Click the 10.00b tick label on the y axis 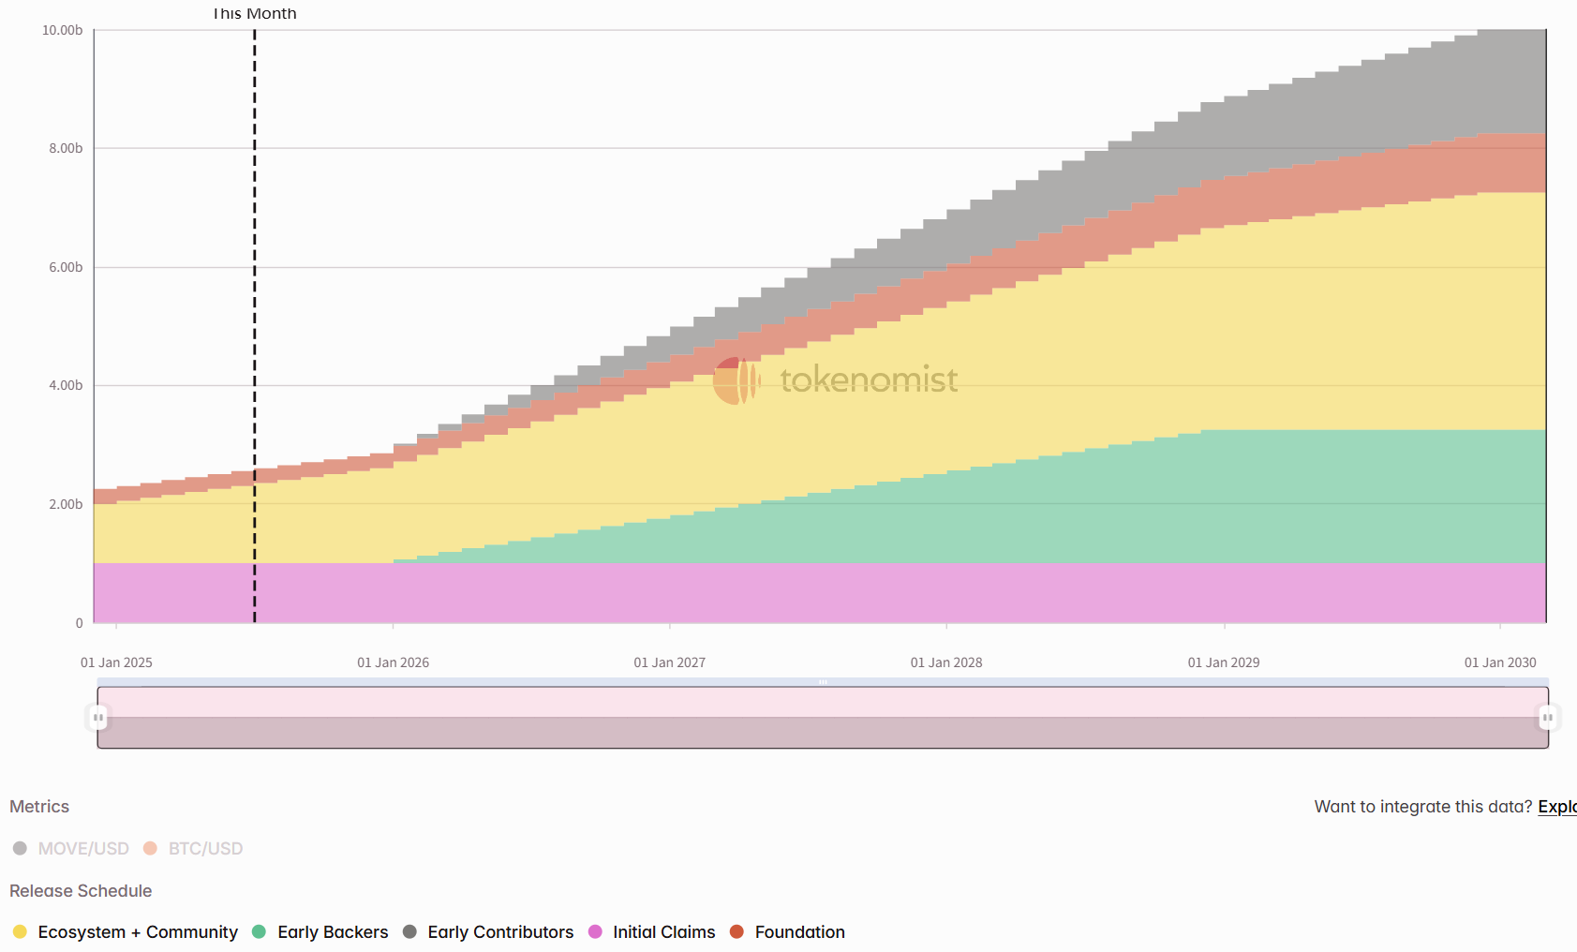[x=62, y=31]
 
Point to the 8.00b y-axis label [x=66, y=149]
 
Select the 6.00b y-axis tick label [x=66, y=268]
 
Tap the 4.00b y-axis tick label [x=66, y=386]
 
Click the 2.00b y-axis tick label [x=66, y=505]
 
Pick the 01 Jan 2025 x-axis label [x=116, y=663]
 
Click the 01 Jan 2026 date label [x=393, y=663]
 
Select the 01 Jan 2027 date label [x=669, y=663]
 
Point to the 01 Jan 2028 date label [x=946, y=663]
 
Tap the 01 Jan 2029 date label [x=1224, y=663]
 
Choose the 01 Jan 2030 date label [x=1500, y=663]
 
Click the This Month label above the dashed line [x=254, y=14]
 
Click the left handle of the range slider [x=98, y=718]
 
